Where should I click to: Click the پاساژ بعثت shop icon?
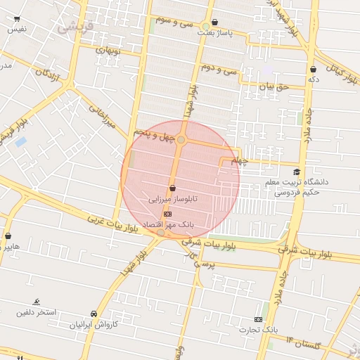coord(214,22)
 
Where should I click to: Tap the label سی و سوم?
coord(174,21)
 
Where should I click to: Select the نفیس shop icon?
coord(16,19)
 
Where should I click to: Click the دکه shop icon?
coord(313,69)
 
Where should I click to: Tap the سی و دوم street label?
coord(217,69)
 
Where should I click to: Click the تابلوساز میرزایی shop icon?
coord(172,188)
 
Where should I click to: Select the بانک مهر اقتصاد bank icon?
coord(167,213)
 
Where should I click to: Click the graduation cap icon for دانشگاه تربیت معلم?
coord(297,172)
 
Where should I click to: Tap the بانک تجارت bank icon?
coord(258,319)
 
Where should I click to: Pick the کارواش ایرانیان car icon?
coord(94,314)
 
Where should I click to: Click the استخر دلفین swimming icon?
coord(37,302)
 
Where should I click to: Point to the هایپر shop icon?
coord(8,236)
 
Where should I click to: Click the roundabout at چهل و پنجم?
coord(181,140)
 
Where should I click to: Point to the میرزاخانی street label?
coord(103,117)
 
